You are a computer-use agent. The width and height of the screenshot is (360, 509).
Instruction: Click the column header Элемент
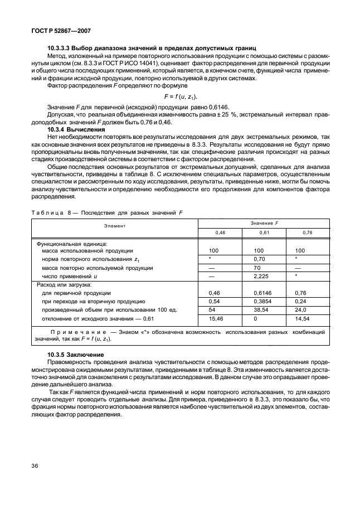pos(114,226)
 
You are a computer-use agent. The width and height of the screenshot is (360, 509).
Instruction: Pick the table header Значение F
pos(264,222)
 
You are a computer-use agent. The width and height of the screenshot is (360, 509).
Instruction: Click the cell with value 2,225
pos(261,276)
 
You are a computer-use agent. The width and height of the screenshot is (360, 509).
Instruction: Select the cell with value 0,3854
pos(262,301)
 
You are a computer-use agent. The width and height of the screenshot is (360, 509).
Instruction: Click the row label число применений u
pos(74,276)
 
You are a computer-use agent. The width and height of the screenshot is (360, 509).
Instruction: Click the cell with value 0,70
pos(259,259)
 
